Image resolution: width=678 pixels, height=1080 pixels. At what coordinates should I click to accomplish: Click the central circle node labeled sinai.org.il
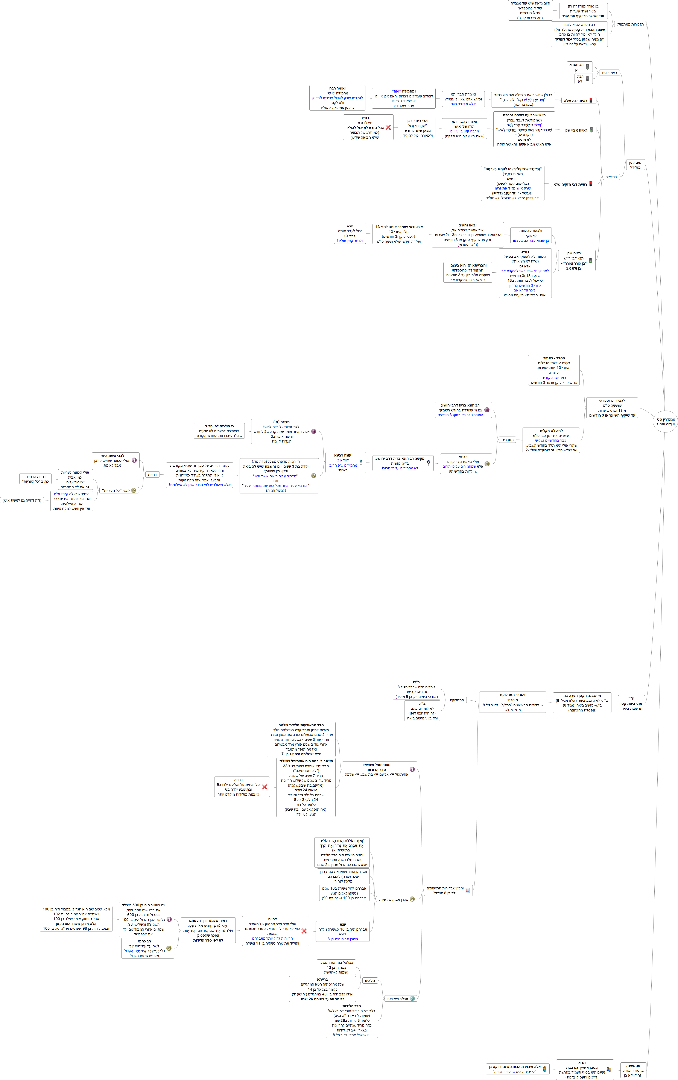[665, 421]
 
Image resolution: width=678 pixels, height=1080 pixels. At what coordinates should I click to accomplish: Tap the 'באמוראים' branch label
[609, 73]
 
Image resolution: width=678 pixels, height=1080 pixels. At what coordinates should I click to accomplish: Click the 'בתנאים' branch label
[611, 177]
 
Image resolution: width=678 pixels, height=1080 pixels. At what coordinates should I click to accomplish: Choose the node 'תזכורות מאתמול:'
[631, 24]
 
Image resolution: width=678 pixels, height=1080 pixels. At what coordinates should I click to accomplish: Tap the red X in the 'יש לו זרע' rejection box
[388, 128]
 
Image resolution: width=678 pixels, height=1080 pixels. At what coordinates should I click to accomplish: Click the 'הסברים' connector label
[508, 440]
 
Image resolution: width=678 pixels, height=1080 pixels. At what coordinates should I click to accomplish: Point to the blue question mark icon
[428, 463]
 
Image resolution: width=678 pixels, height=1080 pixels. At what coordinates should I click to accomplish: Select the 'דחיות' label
[152, 474]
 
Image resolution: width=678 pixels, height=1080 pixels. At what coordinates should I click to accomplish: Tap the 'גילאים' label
[370, 980]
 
